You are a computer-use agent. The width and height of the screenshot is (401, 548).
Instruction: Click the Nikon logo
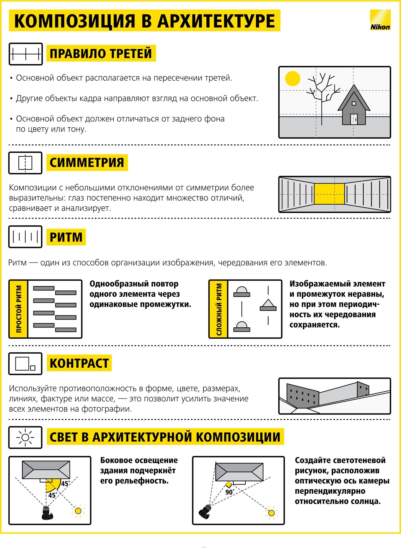pos(380,20)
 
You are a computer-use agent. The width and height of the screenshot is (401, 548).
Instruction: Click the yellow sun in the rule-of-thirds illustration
pos(292,79)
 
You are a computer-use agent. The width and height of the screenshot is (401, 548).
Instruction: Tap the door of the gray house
pos(354,119)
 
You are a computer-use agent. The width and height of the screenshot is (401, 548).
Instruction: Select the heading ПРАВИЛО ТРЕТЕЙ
pos(101,53)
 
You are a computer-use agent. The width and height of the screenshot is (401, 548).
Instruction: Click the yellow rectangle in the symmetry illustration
pos(329,194)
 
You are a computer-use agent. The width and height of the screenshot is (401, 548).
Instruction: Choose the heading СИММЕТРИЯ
pos(87,163)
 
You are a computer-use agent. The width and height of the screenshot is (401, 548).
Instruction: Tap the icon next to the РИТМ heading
pos(25,237)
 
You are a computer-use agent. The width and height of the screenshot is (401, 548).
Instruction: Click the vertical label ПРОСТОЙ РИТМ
pos(19,309)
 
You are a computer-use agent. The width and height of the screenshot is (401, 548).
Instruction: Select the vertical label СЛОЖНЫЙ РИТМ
pos(219,309)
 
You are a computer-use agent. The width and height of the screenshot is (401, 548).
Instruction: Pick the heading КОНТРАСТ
pos(79,363)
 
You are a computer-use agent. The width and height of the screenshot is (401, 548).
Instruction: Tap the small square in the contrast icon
pos(33,368)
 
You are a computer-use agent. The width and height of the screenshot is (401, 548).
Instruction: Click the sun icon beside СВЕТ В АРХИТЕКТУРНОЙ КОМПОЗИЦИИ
pos(25,437)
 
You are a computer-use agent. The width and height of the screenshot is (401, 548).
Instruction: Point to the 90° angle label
pos(229,492)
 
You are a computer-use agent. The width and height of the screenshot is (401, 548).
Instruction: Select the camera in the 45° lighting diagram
pos(47,513)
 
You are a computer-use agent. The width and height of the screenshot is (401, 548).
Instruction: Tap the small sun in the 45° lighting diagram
pos(78,511)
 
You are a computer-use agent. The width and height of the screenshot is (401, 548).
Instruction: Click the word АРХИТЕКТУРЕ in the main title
pos(216,21)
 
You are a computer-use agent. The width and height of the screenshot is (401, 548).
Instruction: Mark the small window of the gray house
pos(354,103)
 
